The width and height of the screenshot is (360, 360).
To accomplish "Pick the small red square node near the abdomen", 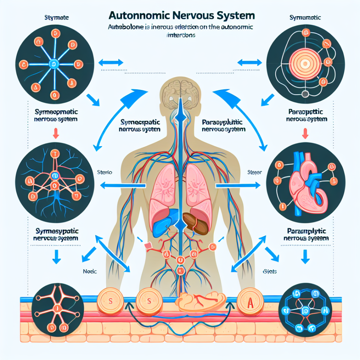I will pyautogui.click(x=147, y=246).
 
